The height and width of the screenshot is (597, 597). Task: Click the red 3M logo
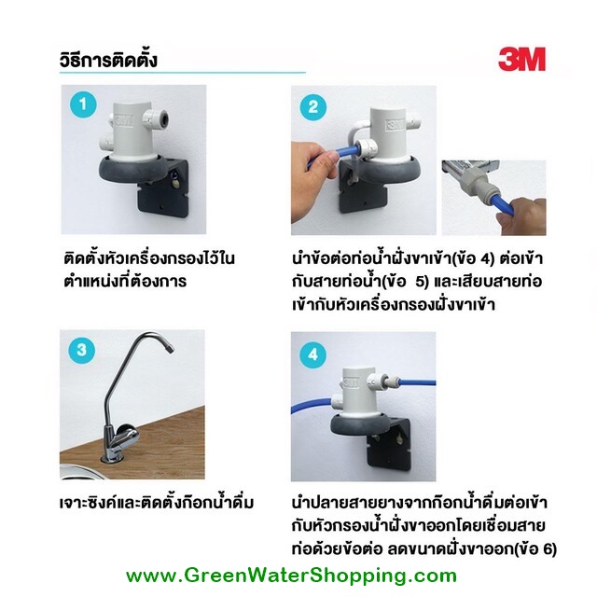521,59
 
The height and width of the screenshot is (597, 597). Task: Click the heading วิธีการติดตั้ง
108,60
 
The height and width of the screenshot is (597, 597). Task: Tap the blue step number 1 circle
83,104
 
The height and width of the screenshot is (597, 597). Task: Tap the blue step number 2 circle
313,107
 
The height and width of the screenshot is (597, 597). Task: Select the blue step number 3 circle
81,351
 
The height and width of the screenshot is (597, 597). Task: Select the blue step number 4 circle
313,354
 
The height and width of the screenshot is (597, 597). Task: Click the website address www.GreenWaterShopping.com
291,576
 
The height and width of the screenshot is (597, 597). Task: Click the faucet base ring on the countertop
112,458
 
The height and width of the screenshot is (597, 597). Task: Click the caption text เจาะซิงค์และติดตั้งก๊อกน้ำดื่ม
157,503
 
